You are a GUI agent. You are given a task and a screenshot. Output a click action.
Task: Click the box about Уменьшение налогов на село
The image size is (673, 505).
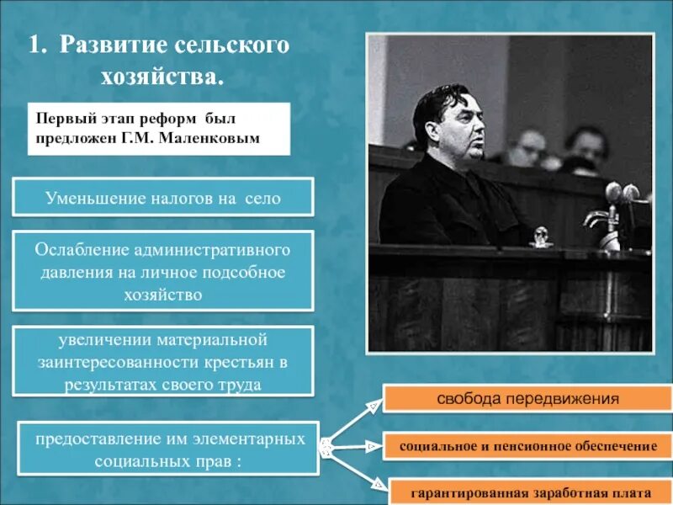163,199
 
